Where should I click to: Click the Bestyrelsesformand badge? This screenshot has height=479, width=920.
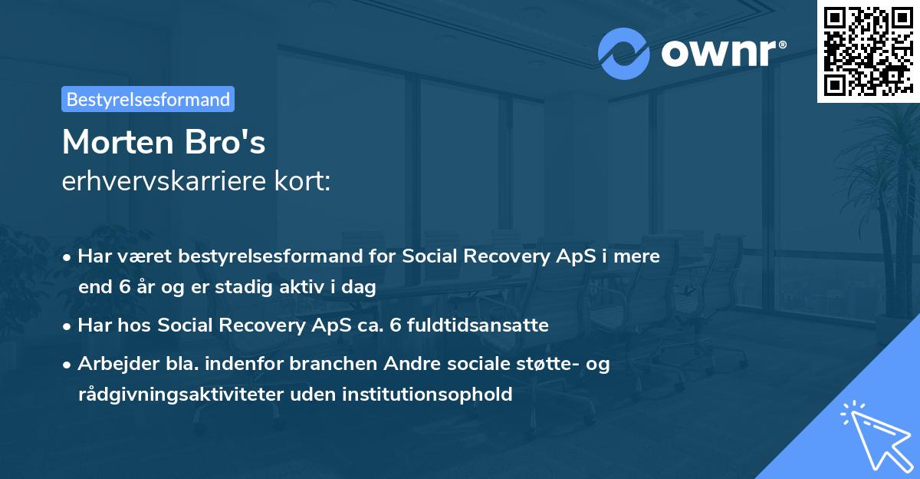click(148, 99)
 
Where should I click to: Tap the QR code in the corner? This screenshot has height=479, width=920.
click(868, 51)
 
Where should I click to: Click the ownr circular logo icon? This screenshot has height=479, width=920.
click(624, 54)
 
